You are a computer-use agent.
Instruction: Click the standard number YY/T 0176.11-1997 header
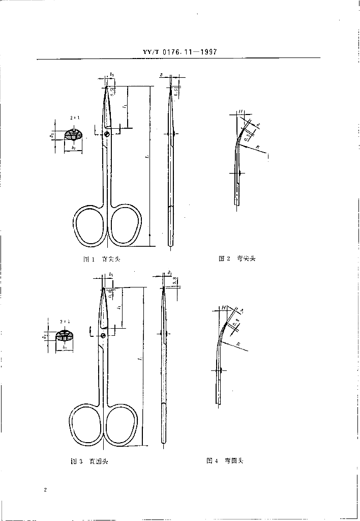tap(179, 51)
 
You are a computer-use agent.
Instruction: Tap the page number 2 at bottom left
tap(45, 489)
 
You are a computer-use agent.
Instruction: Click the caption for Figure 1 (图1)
tap(102, 259)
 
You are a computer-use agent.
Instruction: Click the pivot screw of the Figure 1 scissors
tap(108, 134)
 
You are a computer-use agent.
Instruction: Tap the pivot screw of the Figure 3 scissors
tap(103, 335)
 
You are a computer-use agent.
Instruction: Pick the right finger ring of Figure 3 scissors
tap(121, 425)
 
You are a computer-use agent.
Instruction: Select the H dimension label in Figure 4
tap(223, 308)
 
